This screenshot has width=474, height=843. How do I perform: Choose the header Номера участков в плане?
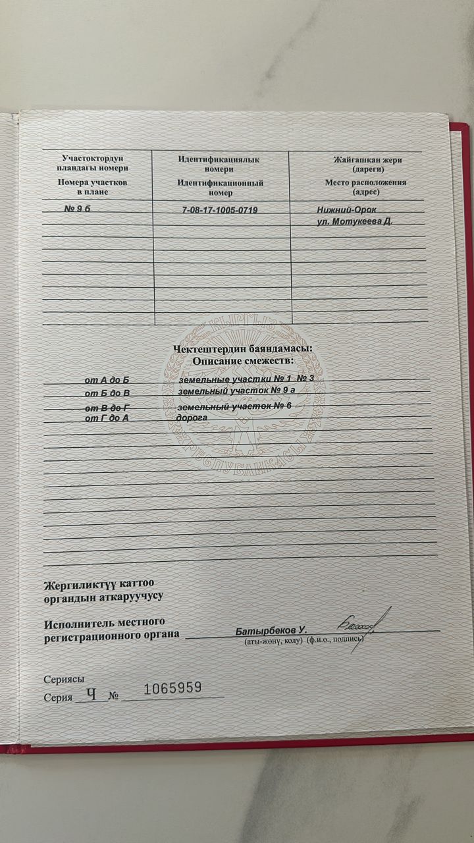[92, 186]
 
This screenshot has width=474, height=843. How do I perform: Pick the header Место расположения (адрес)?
[365, 187]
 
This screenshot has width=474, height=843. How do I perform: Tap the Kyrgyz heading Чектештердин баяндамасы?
[243, 349]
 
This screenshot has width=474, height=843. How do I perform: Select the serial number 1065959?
[172, 688]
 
